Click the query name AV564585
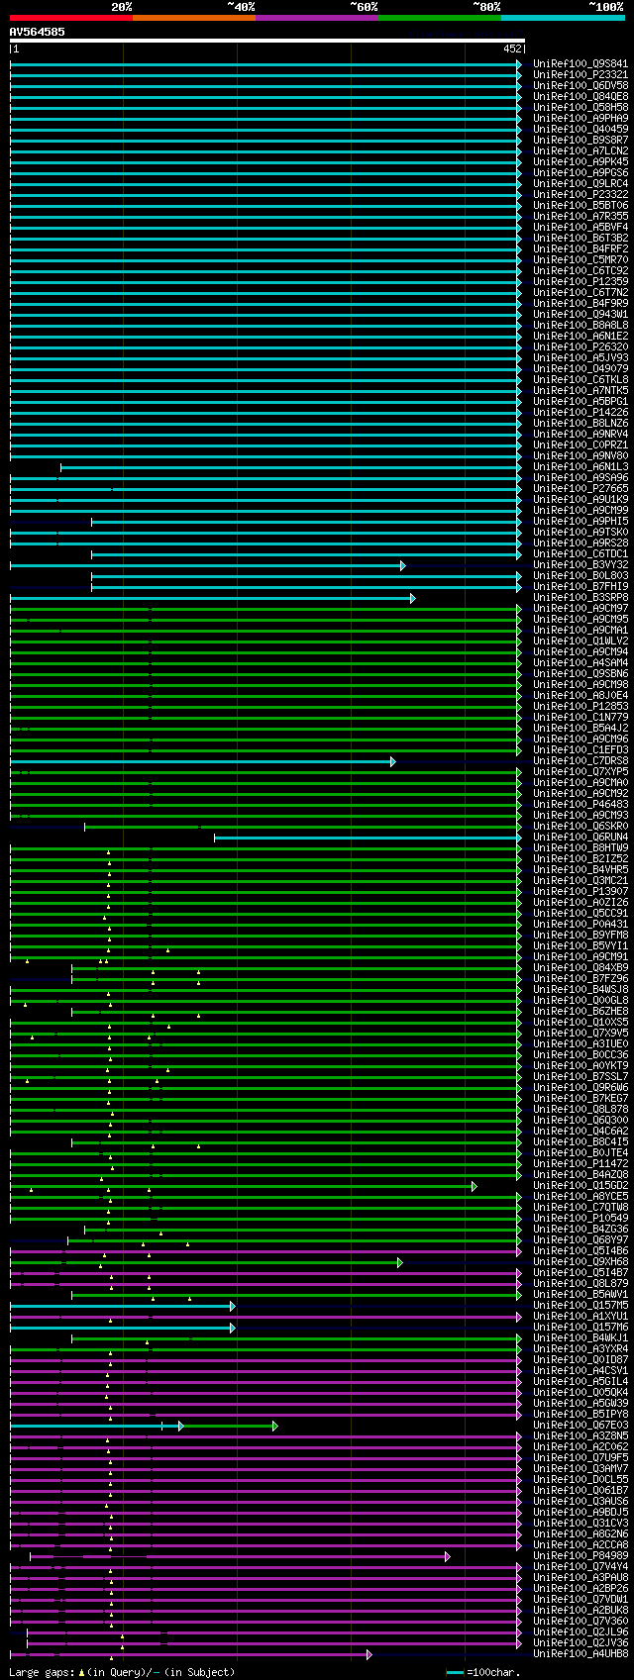pyautogui.click(x=38, y=32)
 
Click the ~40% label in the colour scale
pyautogui.click(x=241, y=7)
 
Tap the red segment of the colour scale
pyautogui.click(x=70, y=17)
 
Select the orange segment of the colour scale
pyautogui.click(x=193, y=17)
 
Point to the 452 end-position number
pyautogui.click(x=512, y=49)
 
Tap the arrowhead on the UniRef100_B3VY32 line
pyautogui.click(x=402, y=565)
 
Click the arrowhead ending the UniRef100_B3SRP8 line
pyautogui.click(x=413, y=598)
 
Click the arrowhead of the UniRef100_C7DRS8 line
pyautogui.click(x=392, y=761)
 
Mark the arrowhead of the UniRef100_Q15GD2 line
pyautogui.click(x=475, y=1186)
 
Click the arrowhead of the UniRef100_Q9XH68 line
pyautogui.click(x=399, y=1262)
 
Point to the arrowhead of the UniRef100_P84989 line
pyautogui.click(x=447, y=1556)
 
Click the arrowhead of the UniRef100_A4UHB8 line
pyautogui.click(x=370, y=1654)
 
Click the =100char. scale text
pyautogui.click(x=492, y=1672)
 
